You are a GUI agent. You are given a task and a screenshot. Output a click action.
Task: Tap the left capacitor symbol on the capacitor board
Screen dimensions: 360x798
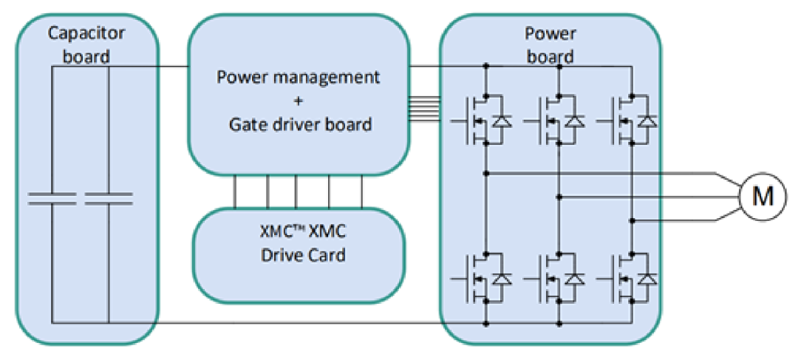[x=52, y=197]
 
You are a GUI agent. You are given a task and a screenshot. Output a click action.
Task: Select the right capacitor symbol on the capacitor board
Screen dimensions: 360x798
[x=108, y=197]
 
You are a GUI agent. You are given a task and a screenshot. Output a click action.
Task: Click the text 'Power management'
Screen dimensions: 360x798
[x=298, y=77]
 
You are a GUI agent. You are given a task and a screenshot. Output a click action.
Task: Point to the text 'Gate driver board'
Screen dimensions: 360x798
[x=298, y=124]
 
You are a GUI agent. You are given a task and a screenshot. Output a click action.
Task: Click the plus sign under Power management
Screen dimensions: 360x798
[x=298, y=101]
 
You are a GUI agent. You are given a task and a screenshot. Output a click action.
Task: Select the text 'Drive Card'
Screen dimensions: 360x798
[x=299, y=256]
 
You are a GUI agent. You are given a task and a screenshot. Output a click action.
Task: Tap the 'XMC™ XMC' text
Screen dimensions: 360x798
[x=299, y=232]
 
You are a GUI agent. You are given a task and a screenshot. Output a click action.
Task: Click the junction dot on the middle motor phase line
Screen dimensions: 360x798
[x=559, y=197]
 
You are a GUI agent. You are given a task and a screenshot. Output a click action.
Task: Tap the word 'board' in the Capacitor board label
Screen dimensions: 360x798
[x=86, y=57]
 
